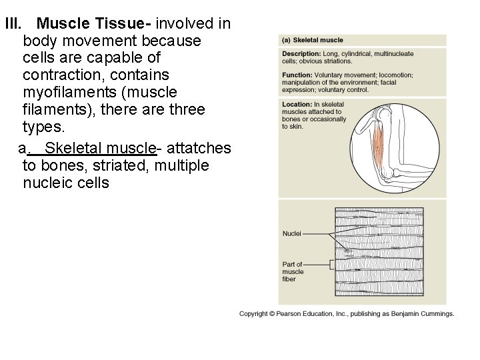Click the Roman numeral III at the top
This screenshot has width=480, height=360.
coord(13,25)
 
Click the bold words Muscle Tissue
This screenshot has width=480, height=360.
coord(95,25)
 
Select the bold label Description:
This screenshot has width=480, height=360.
coord(301,53)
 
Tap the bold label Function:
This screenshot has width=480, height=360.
coord(297,75)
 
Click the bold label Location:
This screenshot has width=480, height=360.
coord(297,105)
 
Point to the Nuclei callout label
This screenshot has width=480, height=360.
coord(291,234)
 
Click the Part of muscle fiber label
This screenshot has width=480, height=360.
coord(293,271)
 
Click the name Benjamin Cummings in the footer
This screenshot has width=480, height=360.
coord(425,313)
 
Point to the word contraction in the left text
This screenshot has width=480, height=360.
coord(63,75)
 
